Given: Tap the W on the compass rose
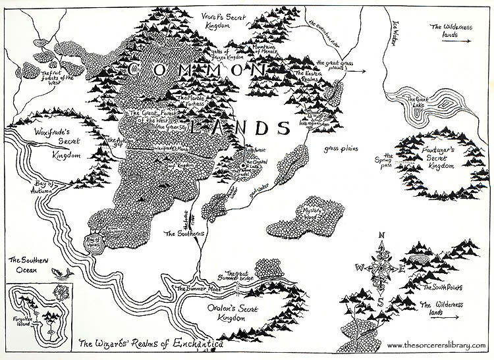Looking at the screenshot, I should pyautogui.click(x=360, y=267).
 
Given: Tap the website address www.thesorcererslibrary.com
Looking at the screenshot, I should pyautogui.click(x=439, y=346).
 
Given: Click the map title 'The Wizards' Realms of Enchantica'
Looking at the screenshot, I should pyautogui.click(x=151, y=344).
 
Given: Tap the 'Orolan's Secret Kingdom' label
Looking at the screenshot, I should pyautogui.click(x=221, y=312).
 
